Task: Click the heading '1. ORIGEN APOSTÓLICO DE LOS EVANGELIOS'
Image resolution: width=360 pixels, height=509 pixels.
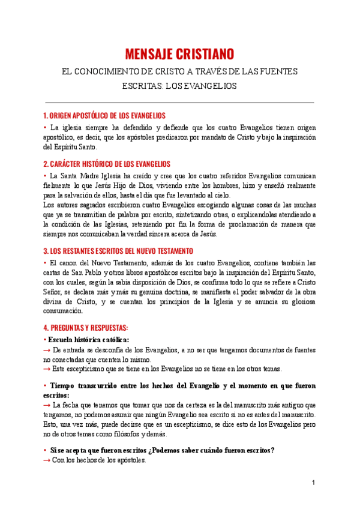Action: [105, 115]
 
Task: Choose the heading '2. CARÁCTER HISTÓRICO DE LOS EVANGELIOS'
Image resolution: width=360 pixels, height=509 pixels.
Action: [107, 163]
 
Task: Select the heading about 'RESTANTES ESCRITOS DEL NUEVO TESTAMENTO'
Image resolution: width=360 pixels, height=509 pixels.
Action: [118, 250]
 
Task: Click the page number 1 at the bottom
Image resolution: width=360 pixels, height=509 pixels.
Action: [313, 483]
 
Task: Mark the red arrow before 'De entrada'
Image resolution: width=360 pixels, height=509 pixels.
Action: [47, 349]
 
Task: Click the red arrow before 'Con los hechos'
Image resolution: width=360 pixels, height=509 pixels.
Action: [47, 460]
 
